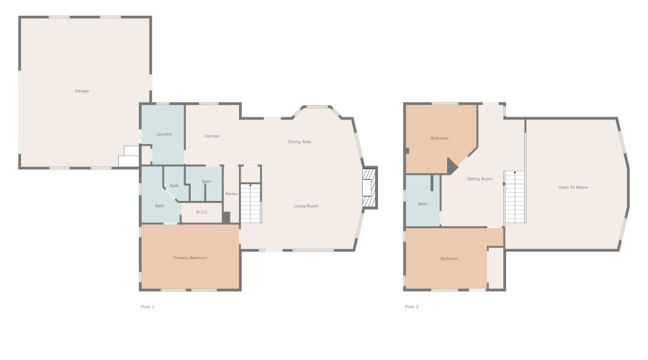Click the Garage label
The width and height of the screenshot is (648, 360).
(x=82, y=91)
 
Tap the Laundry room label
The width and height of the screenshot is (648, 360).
(x=164, y=135)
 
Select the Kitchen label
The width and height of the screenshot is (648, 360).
(x=212, y=136)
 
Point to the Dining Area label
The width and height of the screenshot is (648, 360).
(x=300, y=142)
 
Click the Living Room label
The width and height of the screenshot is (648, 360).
(x=306, y=206)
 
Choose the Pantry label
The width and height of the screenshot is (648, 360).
(x=231, y=194)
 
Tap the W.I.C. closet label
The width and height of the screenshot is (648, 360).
(x=202, y=212)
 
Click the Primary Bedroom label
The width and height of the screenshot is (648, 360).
(x=190, y=258)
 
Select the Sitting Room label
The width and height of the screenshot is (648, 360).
(x=480, y=179)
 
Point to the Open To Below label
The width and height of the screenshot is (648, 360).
(x=573, y=187)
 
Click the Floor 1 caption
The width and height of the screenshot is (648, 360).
(x=147, y=307)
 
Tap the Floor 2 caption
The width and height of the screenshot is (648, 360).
(x=412, y=307)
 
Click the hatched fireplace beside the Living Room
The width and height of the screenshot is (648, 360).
(x=369, y=188)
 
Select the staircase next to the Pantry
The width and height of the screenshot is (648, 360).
(x=251, y=203)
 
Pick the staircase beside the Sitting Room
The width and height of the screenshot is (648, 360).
(x=515, y=197)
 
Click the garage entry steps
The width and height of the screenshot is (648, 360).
(x=130, y=157)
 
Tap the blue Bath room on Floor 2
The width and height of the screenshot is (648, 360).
(x=423, y=201)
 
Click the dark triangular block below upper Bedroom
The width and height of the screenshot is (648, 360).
(x=451, y=166)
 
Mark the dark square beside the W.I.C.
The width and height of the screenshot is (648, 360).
(x=226, y=217)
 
